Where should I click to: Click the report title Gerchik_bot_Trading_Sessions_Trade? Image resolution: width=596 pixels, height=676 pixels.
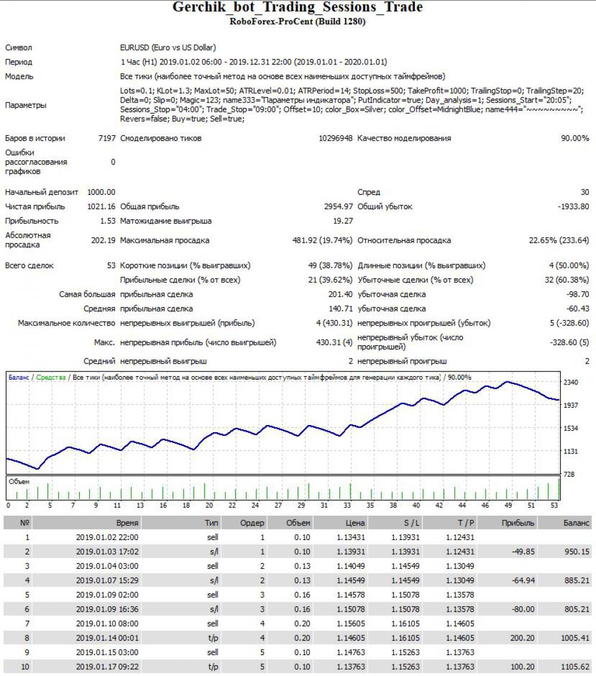297,7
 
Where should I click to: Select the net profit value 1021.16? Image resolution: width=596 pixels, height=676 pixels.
101,206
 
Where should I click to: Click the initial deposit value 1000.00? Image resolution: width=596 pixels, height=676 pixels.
101,192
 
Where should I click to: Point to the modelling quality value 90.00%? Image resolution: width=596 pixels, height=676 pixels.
575,138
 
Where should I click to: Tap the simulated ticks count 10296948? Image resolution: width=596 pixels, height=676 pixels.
336,138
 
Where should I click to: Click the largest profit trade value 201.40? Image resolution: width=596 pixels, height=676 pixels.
340,294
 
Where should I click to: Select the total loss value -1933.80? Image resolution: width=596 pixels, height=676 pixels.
573,206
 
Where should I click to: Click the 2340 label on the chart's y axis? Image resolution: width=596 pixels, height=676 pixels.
571,382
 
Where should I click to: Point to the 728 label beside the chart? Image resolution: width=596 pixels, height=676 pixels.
569,475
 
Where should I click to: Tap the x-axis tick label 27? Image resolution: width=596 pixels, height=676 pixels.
278,506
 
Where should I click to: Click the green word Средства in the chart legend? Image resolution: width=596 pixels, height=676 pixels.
51,377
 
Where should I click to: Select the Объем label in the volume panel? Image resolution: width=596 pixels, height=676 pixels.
19,482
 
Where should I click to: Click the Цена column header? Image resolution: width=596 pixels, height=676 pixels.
355,523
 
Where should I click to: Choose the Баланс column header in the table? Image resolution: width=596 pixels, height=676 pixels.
576,523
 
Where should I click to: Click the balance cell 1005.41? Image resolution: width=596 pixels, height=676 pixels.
575,638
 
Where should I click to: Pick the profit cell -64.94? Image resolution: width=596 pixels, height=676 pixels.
523,580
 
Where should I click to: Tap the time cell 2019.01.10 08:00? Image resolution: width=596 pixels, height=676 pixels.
107,624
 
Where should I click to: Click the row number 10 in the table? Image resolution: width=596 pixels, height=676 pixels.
26,666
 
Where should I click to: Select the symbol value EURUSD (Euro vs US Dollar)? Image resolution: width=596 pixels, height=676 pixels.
168,48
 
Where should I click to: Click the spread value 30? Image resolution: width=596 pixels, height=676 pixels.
585,192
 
